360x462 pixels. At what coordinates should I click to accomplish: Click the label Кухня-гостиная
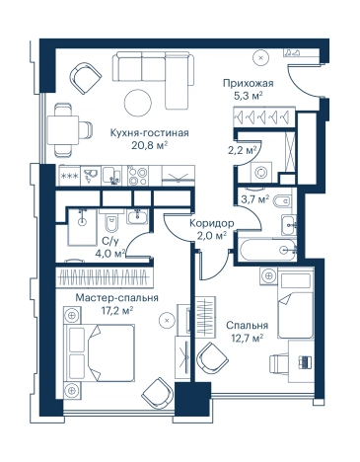[149, 133]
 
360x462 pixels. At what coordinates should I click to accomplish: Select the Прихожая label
[249, 83]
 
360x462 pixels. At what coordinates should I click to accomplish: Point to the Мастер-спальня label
[117, 298]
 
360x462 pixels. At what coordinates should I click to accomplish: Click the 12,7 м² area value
[247, 338]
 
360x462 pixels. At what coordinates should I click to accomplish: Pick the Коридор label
[212, 223]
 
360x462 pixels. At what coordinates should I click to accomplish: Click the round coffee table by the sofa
[138, 102]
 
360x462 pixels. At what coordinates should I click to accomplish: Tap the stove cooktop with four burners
[138, 176]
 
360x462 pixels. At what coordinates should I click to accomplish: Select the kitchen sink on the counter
[111, 176]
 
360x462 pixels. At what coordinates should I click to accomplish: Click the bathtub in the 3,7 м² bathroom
[267, 250]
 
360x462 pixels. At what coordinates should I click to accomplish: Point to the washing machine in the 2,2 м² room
[261, 172]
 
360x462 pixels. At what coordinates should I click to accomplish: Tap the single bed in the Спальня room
[296, 303]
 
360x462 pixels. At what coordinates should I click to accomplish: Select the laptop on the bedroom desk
[305, 362]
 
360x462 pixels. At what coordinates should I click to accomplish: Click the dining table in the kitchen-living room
[63, 130]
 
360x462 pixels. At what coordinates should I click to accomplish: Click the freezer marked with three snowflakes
[70, 176]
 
